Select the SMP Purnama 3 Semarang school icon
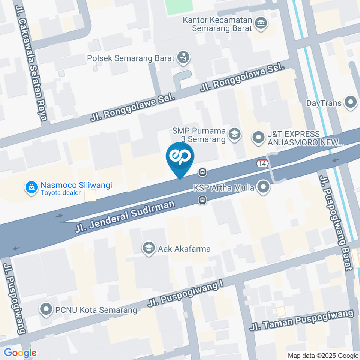(x=235, y=134)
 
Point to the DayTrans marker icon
(x=351, y=102)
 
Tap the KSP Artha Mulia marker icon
(x=264, y=187)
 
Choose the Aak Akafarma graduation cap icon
(x=149, y=248)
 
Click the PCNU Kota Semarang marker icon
(x=46, y=310)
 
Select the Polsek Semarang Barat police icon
(x=184, y=58)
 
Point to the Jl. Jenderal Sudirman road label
(x=125, y=216)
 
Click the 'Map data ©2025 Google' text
(x=323, y=355)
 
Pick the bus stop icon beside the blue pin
(x=202, y=172)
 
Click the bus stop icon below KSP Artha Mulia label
(x=202, y=201)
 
